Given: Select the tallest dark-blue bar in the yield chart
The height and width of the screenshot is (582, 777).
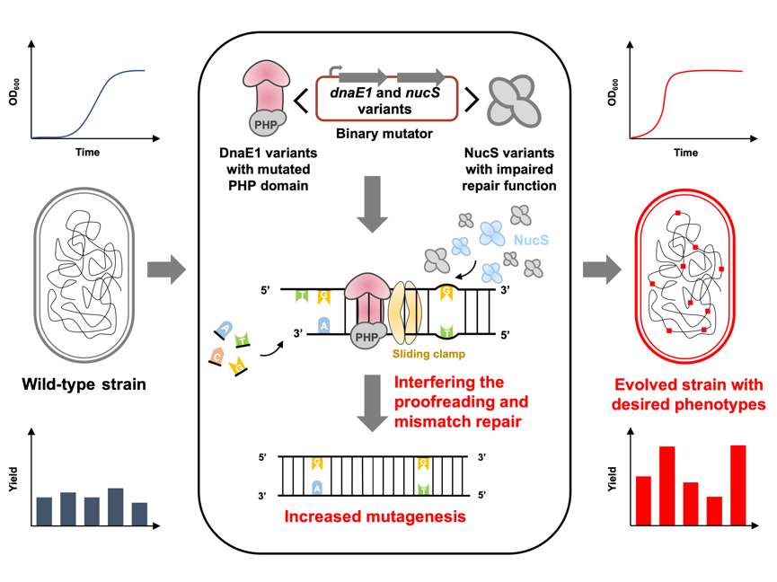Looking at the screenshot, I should tap(114, 506).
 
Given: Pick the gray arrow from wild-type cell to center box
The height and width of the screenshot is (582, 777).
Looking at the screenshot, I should tap(166, 268).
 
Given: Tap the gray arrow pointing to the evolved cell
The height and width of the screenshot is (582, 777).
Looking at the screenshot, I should tap(602, 268).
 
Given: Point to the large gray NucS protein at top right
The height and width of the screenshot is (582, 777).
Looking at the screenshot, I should tap(514, 100).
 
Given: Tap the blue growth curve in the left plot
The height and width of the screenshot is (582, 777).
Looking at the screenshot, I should tap(99, 103).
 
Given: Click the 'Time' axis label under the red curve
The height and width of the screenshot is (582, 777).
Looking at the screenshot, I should tap(685, 153).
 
